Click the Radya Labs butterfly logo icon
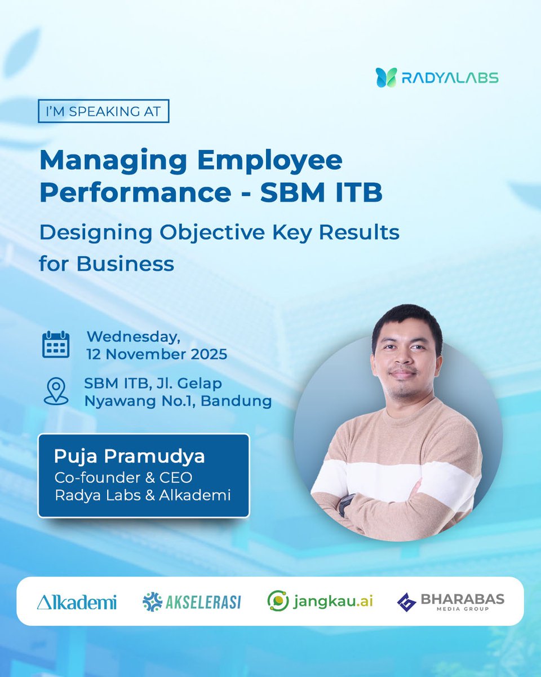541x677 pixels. [387, 77]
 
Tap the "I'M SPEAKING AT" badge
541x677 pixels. [104, 111]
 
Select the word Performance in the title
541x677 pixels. [135, 193]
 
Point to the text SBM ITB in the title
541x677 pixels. [321, 193]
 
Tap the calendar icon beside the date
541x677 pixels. [56, 344]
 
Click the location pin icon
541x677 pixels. [56, 392]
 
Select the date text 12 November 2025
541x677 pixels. [157, 354]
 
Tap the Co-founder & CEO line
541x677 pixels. [123, 477]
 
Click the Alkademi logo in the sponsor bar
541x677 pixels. [77, 602]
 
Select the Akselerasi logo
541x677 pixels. [192, 602]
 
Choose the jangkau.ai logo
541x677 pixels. [320, 601]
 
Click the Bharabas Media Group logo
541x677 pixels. [450, 601]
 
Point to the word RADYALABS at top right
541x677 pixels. [450, 77]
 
